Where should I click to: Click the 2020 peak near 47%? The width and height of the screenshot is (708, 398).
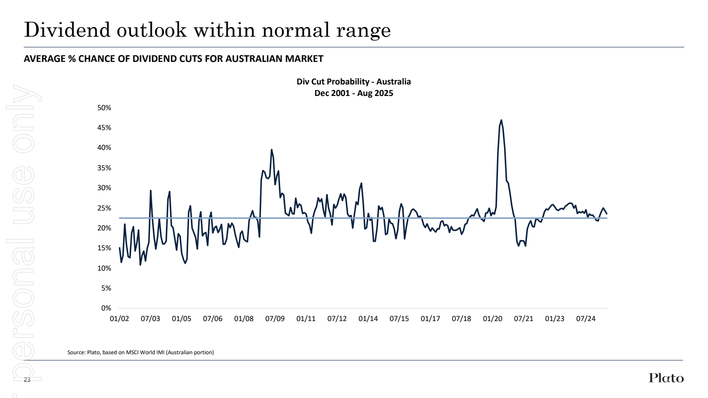(x=501, y=120)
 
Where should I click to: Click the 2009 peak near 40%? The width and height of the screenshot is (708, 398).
(x=272, y=150)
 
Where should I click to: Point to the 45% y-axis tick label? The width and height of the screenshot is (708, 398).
(x=104, y=128)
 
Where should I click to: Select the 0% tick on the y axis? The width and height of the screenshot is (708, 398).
(x=106, y=308)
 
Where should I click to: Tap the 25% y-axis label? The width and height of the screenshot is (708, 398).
(x=104, y=208)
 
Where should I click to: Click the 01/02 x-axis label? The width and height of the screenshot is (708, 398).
(x=119, y=319)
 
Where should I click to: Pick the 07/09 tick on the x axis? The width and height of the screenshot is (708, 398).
(x=275, y=319)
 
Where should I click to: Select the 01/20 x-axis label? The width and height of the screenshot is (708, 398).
(x=493, y=319)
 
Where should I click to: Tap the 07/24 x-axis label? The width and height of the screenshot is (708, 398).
(x=586, y=319)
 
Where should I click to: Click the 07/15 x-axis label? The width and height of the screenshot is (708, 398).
(x=399, y=319)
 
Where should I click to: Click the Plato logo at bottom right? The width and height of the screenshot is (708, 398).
(x=666, y=378)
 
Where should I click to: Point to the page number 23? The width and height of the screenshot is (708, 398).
(x=27, y=380)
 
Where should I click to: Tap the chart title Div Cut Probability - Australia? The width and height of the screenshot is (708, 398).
(x=354, y=82)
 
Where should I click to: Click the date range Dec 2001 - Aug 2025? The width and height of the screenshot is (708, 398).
(x=354, y=93)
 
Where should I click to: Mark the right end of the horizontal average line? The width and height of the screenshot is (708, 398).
(x=607, y=218)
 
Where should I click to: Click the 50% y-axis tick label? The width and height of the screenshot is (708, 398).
(x=104, y=108)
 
